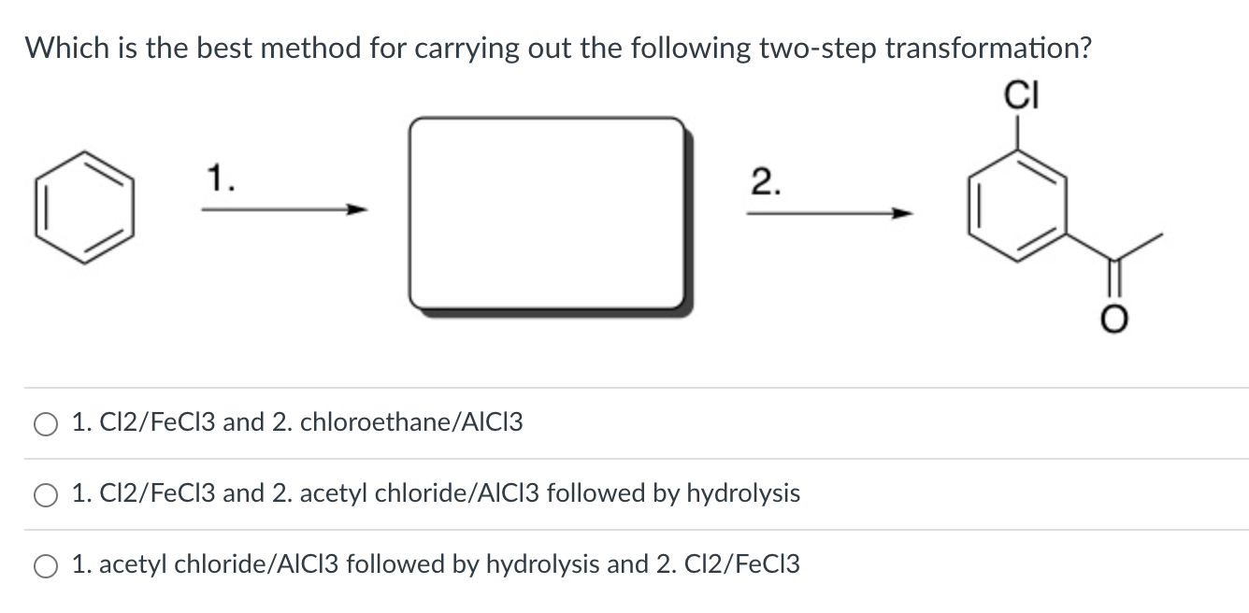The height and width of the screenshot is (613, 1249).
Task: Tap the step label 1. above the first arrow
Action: (x=220, y=176)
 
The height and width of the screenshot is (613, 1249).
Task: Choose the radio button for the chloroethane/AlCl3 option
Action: (x=46, y=424)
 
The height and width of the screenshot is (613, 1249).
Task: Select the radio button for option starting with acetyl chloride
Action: (x=46, y=566)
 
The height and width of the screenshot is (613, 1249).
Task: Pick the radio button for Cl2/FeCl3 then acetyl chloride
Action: (x=46, y=495)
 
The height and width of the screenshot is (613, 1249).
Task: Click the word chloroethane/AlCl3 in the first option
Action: (x=411, y=422)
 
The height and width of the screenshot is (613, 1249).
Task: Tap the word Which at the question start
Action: (x=68, y=48)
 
